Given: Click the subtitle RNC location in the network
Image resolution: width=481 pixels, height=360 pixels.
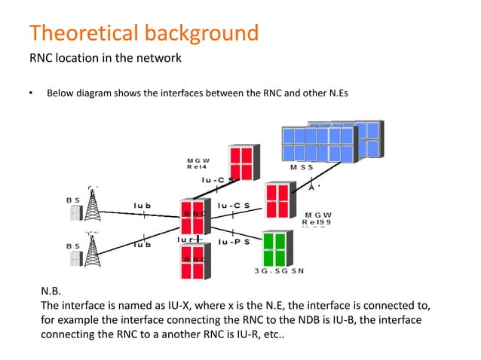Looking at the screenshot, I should point(105,58).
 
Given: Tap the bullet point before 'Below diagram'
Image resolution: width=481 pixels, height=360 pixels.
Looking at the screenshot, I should point(31,93).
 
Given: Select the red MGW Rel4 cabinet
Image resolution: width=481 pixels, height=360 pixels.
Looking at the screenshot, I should point(243,160).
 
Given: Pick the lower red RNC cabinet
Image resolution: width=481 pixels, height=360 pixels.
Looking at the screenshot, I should point(195,261).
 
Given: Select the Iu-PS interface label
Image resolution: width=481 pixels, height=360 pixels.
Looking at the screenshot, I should point(234,243).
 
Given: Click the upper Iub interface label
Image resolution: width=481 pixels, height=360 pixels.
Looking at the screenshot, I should point(142,205).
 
